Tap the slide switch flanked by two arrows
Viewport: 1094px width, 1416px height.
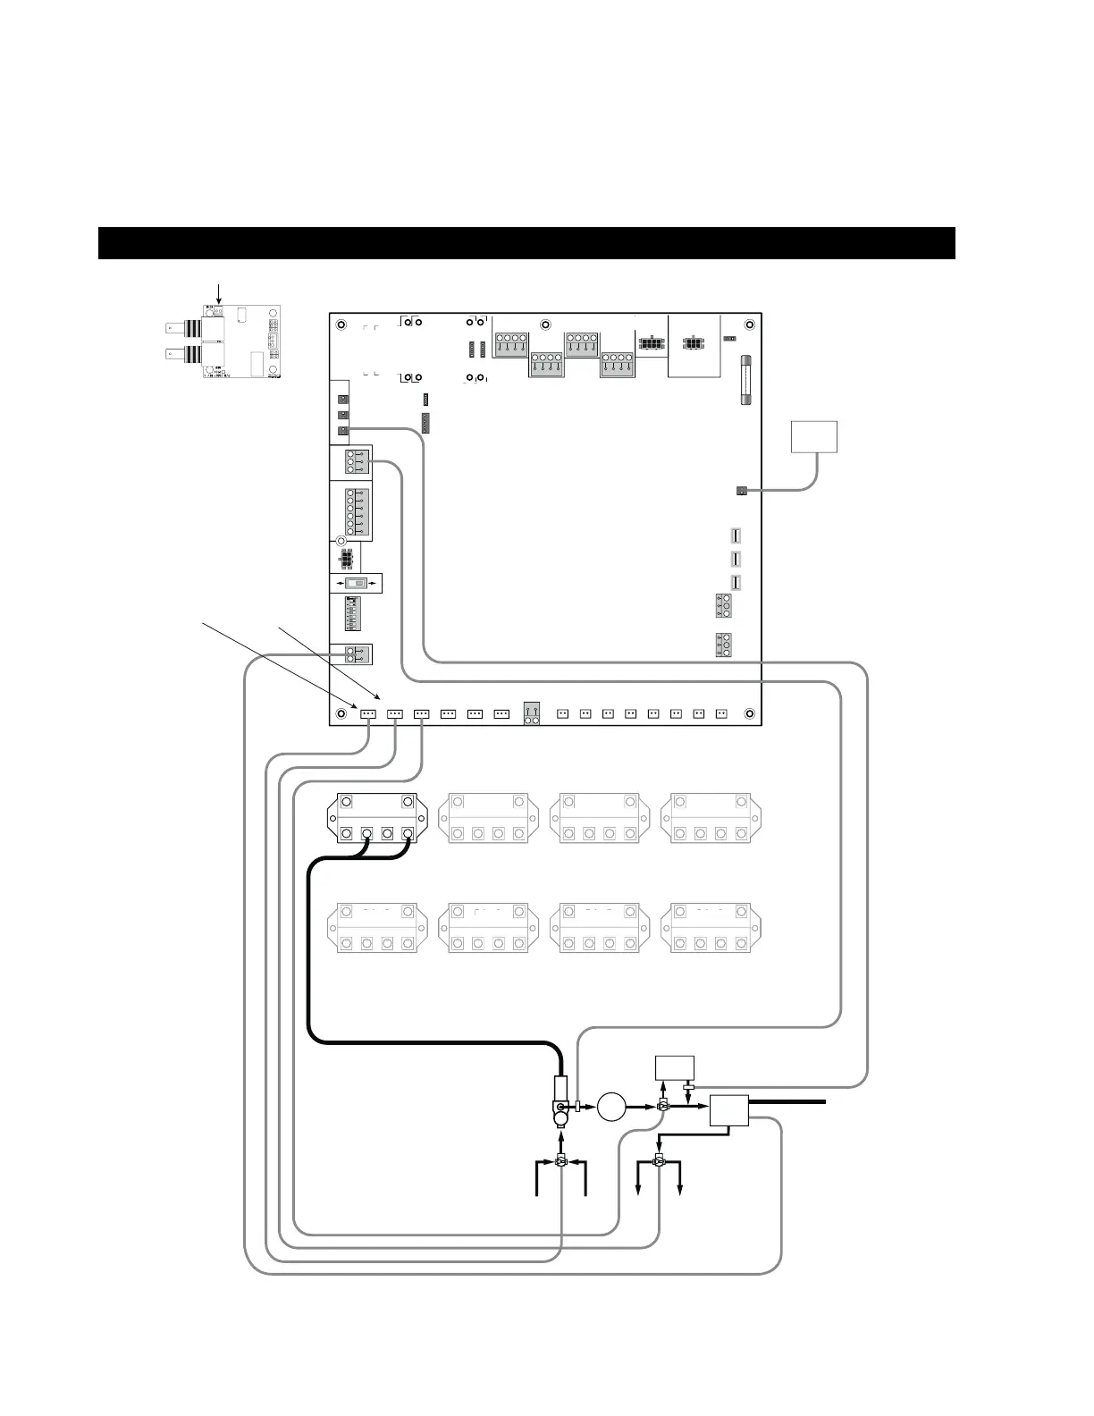pyautogui.click(x=356, y=584)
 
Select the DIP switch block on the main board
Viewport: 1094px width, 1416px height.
pyautogui.click(x=352, y=614)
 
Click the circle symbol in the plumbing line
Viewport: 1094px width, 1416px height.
pyautogui.click(x=612, y=1107)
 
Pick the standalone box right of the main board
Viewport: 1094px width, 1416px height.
pyautogui.click(x=814, y=437)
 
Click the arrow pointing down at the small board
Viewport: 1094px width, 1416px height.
pyautogui.click(x=219, y=293)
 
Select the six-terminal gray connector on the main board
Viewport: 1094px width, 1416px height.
pyautogui.click(x=352, y=513)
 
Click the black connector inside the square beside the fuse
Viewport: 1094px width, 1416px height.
pyautogui.click(x=694, y=343)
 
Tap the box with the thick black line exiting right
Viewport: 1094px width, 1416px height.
pyautogui.click(x=729, y=1111)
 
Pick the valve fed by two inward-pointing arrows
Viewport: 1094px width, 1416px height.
pyautogui.click(x=560, y=1163)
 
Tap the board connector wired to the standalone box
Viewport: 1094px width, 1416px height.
pyautogui.click(x=740, y=490)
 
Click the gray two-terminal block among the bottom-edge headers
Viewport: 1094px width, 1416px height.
pyautogui.click(x=532, y=713)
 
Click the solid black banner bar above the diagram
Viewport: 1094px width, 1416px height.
pyautogui.click(x=526, y=243)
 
